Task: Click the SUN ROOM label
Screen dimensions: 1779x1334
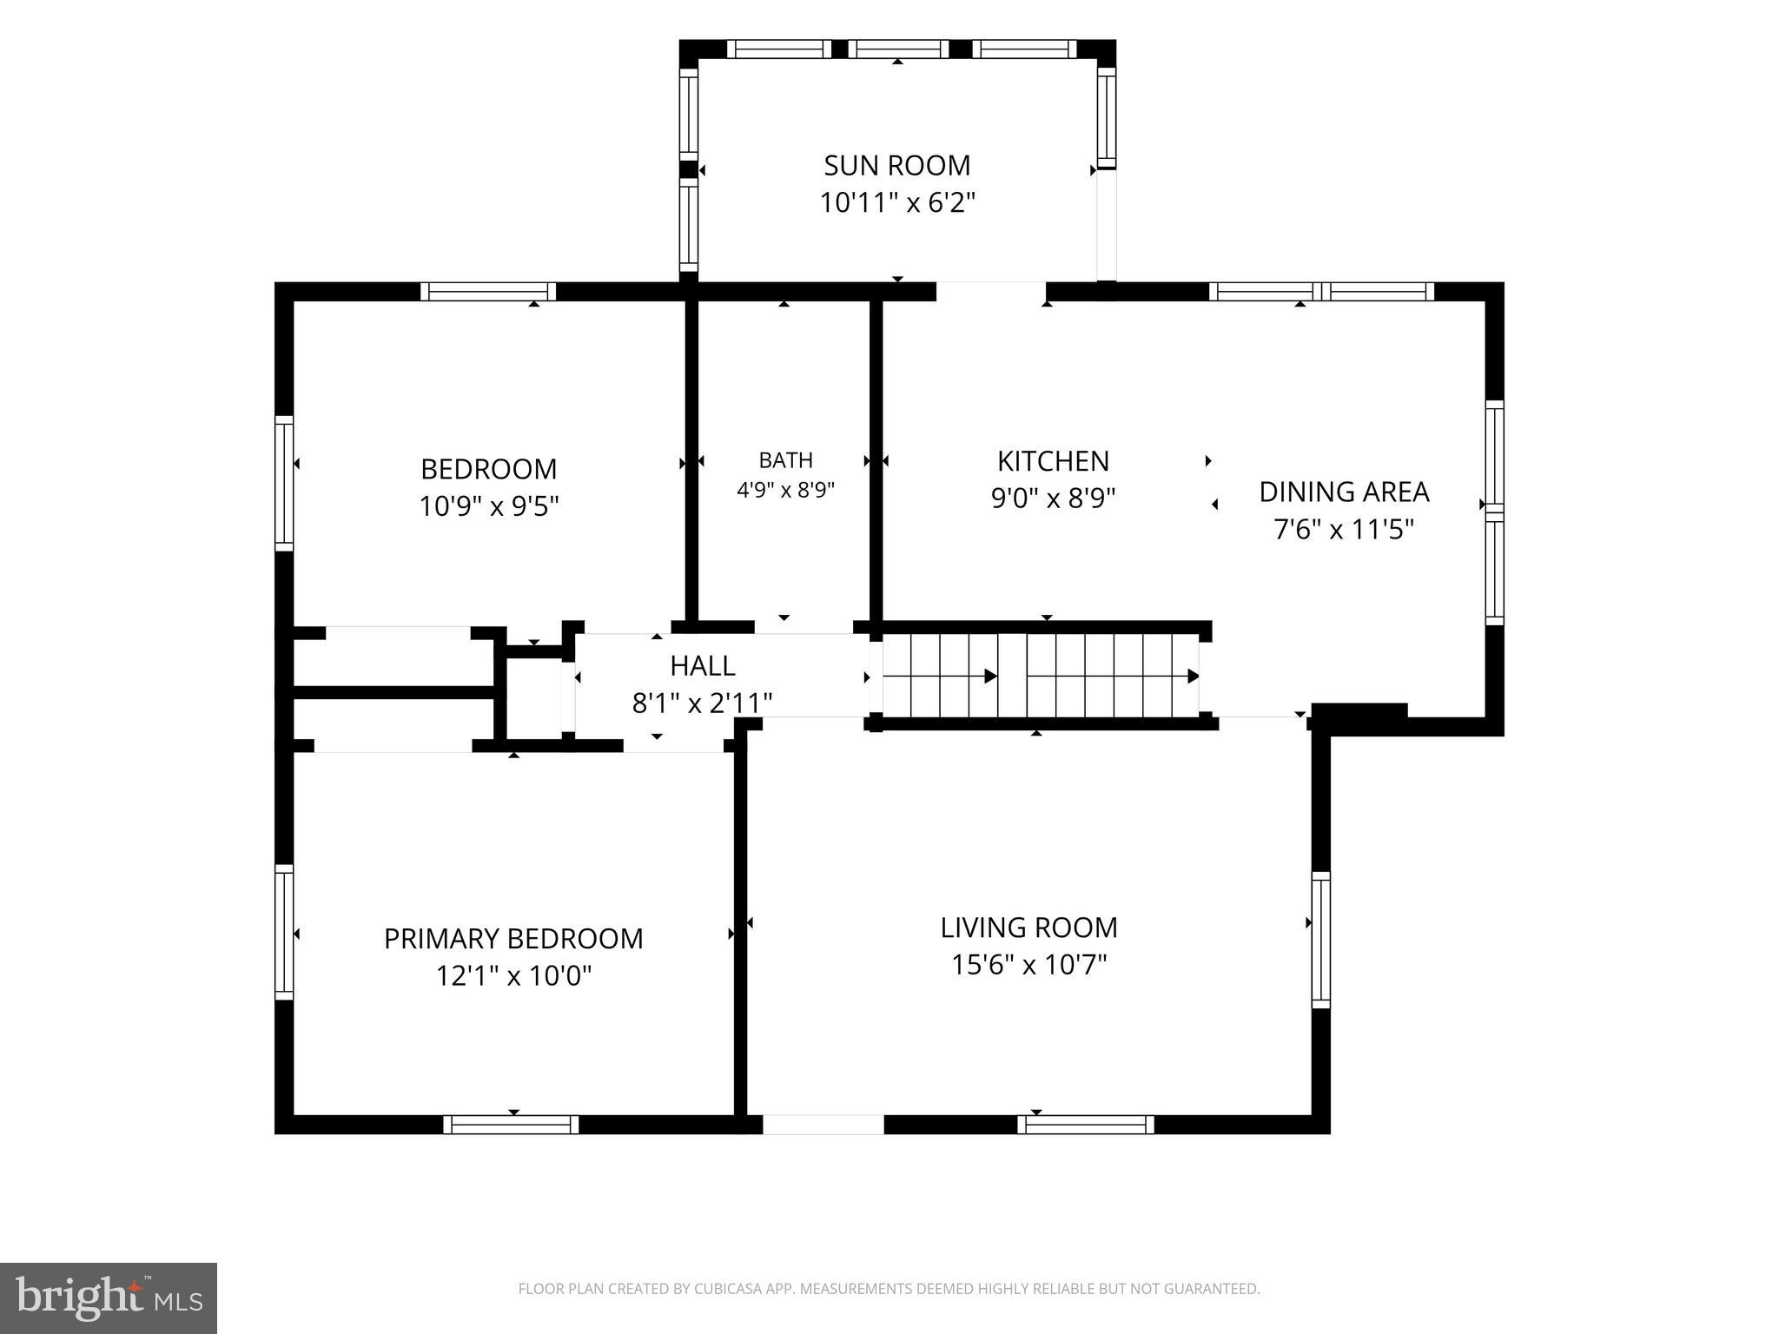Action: click(x=897, y=165)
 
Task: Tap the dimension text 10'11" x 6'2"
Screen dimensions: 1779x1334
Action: click(x=897, y=203)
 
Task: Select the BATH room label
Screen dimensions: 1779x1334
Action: click(x=786, y=460)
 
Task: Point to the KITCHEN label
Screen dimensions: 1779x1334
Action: click(x=1053, y=460)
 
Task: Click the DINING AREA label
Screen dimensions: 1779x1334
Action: click(x=1344, y=492)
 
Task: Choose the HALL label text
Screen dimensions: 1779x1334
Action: click(x=703, y=666)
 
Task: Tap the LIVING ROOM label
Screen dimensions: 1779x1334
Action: click(x=1029, y=928)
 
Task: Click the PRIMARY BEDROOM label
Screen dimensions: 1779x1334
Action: click(x=513, y=939)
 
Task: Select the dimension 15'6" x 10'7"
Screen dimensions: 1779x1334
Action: click(x=1029, y=965)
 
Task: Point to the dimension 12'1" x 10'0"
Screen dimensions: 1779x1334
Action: click(x=513, y=976)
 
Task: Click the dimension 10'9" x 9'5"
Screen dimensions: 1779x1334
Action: click(x=488, y=506)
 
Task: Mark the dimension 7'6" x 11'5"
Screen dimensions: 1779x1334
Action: click(x=1344, y=529)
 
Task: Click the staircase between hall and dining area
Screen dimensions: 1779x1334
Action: click(x=1041, y=676)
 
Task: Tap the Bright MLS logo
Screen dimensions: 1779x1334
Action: click(x=109, y=1298)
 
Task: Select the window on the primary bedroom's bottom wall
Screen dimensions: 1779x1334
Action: click(x=511, y=1125)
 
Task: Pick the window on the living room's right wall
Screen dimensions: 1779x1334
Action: click(x=1320, y=940)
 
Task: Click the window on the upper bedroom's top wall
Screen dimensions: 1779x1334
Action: click(x=488, y=292)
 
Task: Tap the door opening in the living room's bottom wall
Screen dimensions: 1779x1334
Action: click(x=823, y=1125)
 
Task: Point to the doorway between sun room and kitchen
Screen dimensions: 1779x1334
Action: click(x=991, y=291)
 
